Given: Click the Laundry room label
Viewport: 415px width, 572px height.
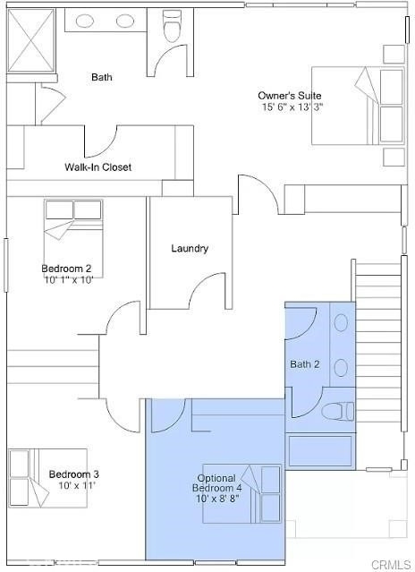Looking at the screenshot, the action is coord(190,249).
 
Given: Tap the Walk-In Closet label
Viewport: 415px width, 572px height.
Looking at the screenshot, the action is coord(98,167).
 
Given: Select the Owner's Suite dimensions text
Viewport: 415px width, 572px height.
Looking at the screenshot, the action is coord(292,107).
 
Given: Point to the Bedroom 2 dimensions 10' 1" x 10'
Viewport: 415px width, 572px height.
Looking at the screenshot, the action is coord(68,280).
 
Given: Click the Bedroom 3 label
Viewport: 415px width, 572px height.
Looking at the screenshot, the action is coord(74,474).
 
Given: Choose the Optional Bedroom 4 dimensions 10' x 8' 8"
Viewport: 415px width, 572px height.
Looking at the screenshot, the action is coord(218,499).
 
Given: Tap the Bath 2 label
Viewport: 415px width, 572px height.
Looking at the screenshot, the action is coord(305,364).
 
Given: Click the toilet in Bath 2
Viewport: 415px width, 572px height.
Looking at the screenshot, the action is coord(338,411).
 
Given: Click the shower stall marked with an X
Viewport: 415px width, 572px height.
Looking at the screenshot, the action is coord(31,40).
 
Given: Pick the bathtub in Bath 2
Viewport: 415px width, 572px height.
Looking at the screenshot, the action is coord(320,451).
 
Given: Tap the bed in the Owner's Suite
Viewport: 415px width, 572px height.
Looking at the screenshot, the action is coord(358,106).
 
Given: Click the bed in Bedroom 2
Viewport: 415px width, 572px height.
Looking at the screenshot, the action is coord(73,238).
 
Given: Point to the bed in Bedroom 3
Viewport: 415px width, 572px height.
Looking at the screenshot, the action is coord(47,478).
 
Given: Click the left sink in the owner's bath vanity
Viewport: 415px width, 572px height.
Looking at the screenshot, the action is coord(85,21).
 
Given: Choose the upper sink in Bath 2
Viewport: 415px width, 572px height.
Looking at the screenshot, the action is coord(341,323).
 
